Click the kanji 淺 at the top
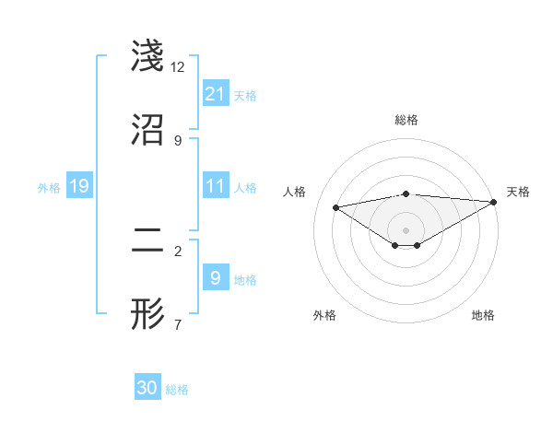148,57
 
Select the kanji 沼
148,130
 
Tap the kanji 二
148,240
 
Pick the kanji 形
148,314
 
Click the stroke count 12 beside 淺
178,67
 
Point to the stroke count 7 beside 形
178,324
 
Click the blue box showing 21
216,94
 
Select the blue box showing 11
216,186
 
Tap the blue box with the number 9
216,277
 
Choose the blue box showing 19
79,187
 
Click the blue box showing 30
147,388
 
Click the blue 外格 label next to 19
49,188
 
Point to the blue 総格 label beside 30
178,390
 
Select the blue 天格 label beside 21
245,95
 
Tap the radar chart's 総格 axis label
406,120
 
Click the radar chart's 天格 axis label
519,192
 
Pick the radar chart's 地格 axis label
483,315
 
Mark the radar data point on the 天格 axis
494,202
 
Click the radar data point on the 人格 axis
336,206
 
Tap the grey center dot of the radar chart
406,229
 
